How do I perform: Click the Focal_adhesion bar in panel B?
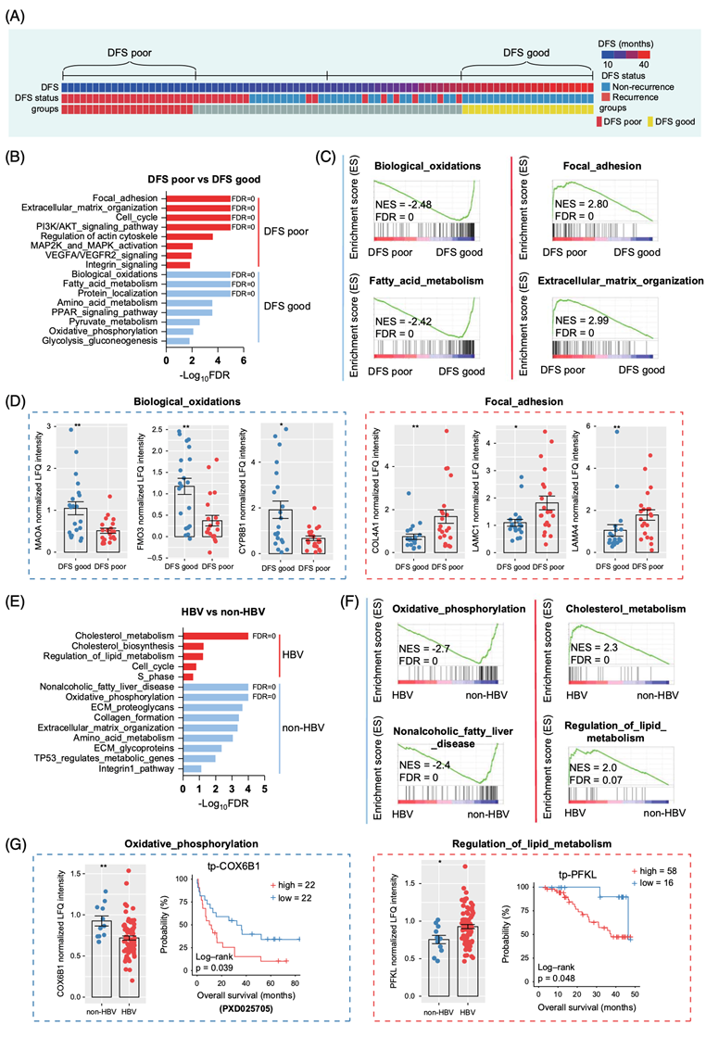[198, 197]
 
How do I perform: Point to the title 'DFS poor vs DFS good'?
[204, 179]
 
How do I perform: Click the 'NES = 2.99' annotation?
[583, 325]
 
